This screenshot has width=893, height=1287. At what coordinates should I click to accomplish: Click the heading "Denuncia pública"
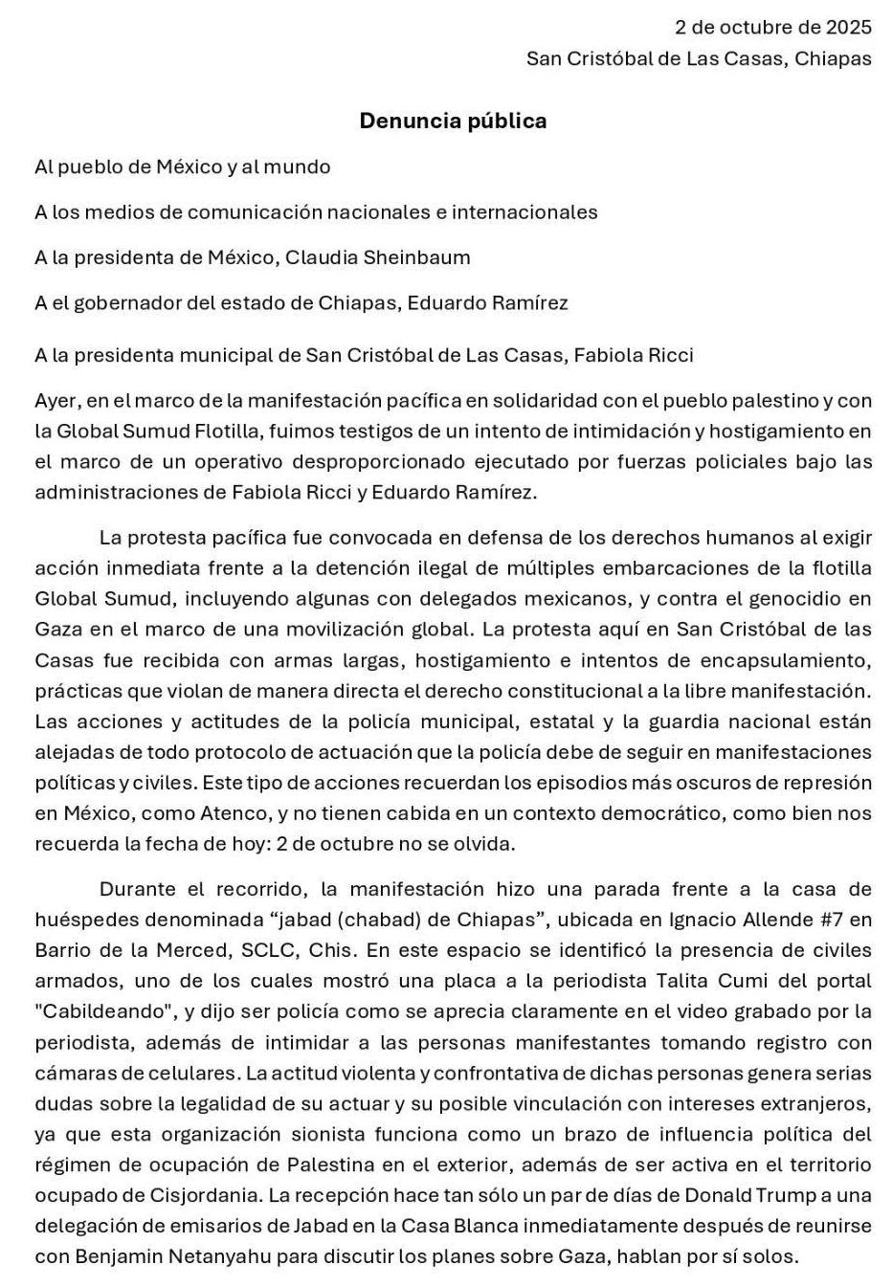pos(453,121)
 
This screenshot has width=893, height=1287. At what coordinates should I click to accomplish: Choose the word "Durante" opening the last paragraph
pos(138,889)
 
